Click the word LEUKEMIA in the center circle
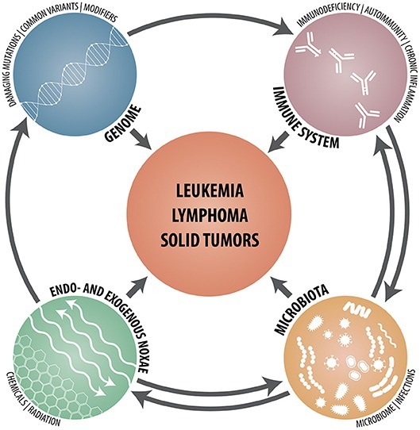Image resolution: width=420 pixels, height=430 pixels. (x=210, y=190)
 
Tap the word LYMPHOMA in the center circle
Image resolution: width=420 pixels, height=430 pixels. (x=210, y=215)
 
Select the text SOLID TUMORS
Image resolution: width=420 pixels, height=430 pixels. (x=210, y=240)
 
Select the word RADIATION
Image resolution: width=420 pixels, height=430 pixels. (x=44, y=417)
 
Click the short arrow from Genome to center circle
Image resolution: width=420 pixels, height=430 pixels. (x=141, y=139)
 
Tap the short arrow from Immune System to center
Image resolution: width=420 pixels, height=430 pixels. (x=279, y=141)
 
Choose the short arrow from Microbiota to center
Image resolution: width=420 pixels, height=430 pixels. (x=280, y=287)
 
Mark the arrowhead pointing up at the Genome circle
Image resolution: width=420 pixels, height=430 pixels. (x=21, y=127)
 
